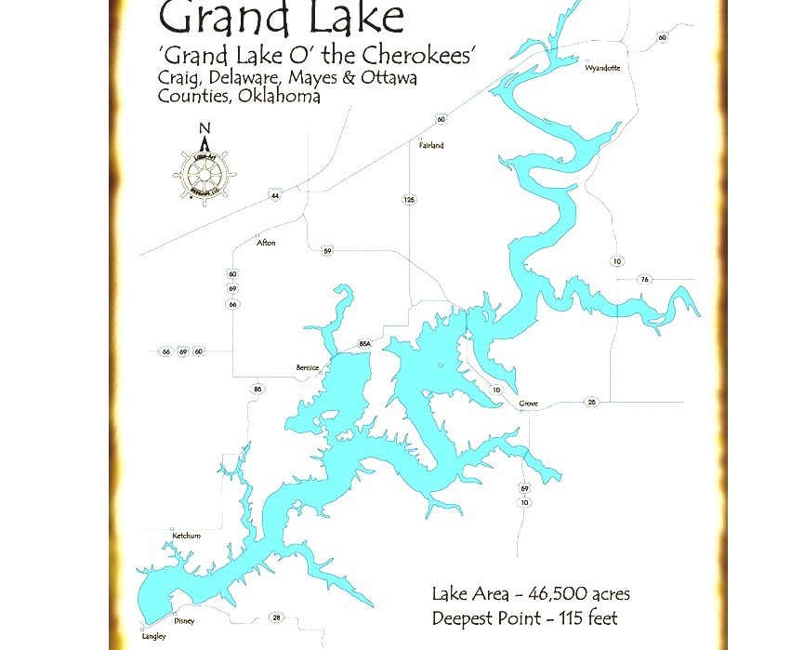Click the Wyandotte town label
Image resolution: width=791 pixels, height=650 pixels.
click(x=602, y=68)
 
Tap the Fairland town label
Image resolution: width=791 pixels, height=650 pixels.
click(x=431, y=146)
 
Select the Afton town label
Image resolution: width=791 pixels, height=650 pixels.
click(x=266, y=244)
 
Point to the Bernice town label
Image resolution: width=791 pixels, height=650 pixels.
click(x=308, y=368)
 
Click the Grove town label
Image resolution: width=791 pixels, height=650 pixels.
click(x=528, y=405)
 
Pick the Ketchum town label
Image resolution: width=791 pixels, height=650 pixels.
click(x=186, y=537)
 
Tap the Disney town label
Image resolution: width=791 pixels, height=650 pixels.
click(x=185, y=621)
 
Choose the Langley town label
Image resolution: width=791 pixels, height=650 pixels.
click(x=154, y=636)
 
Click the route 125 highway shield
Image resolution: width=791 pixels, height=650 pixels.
click(x=409, y=200)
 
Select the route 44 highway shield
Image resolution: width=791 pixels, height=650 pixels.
click(x=275, y=195)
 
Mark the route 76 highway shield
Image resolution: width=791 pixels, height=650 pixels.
click(x=644, y=280)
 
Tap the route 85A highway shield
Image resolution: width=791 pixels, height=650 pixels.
click(x=364, y=344)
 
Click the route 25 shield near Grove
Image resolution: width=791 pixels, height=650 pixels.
click(x=590, y=402)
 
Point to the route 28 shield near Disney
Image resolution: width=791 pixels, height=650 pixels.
click(x=276, y=617)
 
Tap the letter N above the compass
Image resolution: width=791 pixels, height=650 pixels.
click(x=205, y=129)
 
